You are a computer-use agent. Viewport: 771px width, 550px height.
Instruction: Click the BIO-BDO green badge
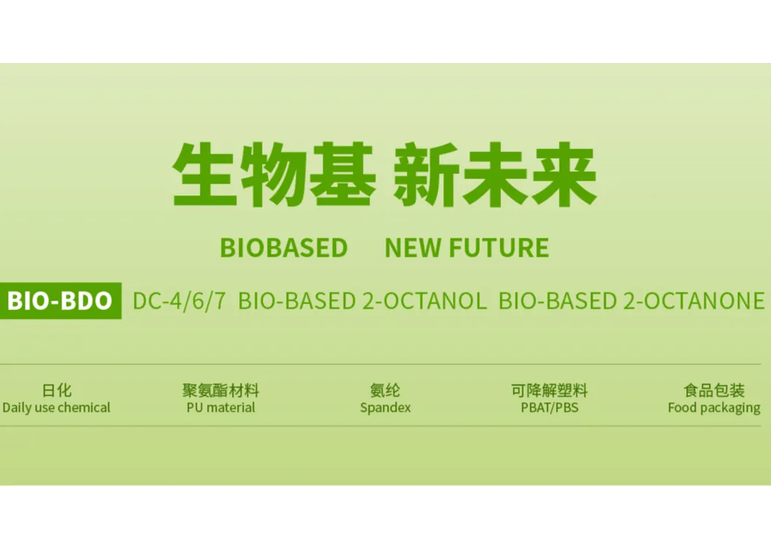click(60, 301)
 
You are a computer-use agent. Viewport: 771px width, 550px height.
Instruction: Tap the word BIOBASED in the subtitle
click(284, 249)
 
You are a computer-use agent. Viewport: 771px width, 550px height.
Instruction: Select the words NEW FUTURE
click(467, 249)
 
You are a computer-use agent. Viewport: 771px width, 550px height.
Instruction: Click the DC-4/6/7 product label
click(179, 301)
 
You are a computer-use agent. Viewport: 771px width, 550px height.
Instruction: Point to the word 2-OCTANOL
click(424, 301)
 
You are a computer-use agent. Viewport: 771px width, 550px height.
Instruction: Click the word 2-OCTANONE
click(693, 301)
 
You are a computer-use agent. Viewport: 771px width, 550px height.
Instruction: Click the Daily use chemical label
click(56, 408)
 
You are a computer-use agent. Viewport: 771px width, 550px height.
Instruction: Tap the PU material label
click(221, 408)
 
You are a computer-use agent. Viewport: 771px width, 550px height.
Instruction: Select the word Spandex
click(385, 408)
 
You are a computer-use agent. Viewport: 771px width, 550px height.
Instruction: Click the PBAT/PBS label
click(549, 408)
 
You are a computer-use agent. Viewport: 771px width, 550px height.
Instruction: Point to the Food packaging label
click(714, 408)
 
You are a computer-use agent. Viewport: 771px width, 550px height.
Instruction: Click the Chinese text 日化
click(56, 391)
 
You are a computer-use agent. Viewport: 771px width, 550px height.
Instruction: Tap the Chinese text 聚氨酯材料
click(221, 391)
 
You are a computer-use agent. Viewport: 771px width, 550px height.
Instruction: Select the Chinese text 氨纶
click(385, 391)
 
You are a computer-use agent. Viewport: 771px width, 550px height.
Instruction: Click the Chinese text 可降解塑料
click(549, 391)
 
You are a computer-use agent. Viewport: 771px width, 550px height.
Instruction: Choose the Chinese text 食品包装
click(714, 391)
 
